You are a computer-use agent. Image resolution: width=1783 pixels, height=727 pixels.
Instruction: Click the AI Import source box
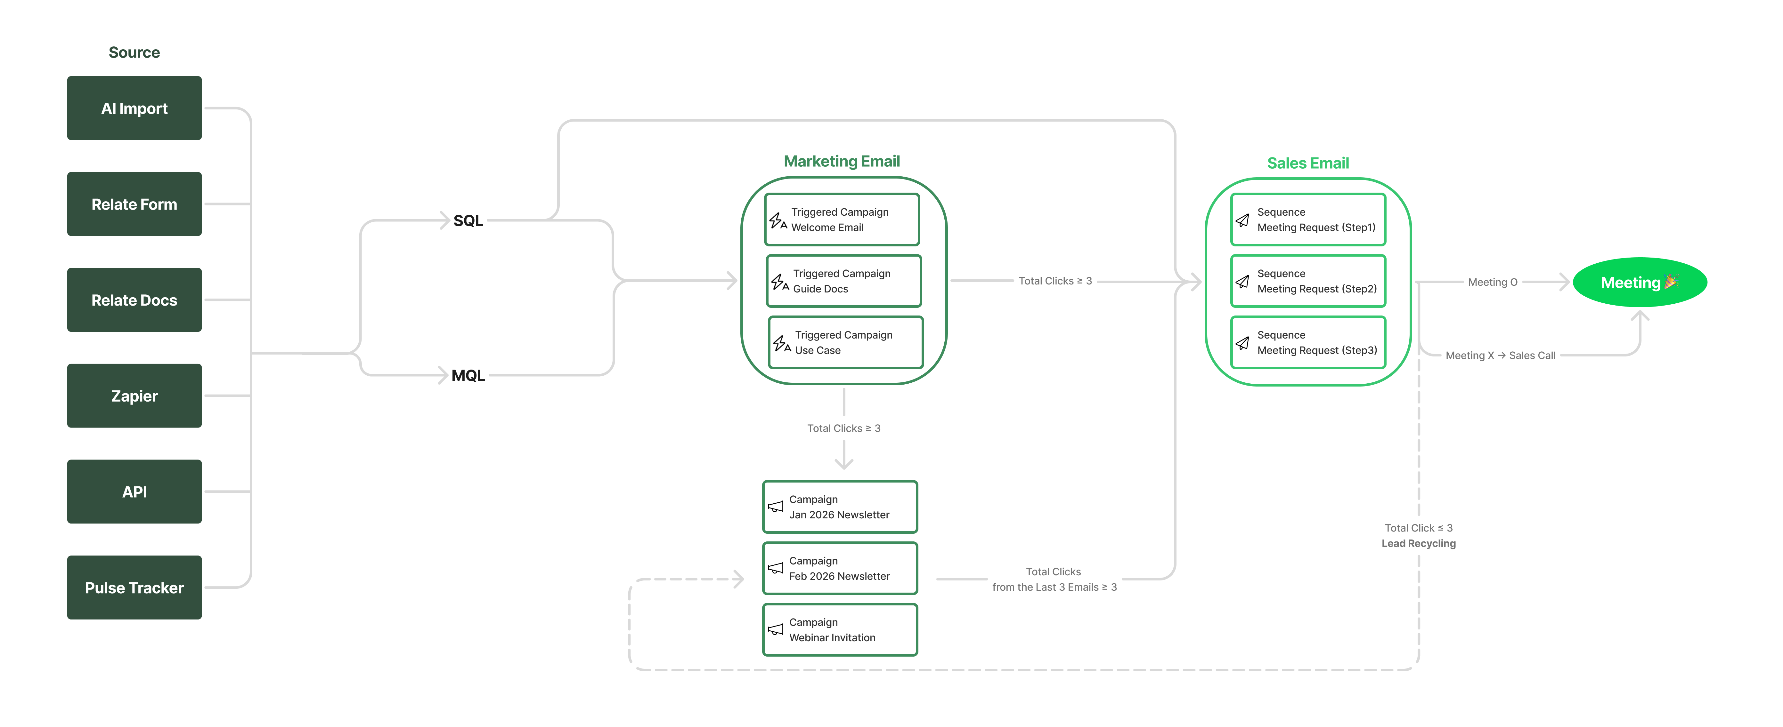[134, 108]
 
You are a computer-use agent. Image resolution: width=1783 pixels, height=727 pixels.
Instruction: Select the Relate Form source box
[134, 204]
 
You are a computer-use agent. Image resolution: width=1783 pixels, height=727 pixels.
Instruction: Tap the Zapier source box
[134, 396]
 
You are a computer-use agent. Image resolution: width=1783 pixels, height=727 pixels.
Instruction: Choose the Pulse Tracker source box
[134, 587]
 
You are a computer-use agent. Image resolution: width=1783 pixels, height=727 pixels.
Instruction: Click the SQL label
[468, 221]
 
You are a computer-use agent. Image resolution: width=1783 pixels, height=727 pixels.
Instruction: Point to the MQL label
[468, 376]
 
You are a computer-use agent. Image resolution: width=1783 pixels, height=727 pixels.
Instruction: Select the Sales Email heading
[1307, 163]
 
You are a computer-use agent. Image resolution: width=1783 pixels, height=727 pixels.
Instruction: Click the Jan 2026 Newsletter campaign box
[840, 507]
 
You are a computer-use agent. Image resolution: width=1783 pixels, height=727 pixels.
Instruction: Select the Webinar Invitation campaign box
[840, 629]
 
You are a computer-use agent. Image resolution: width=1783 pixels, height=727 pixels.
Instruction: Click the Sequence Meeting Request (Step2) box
[1307, 281]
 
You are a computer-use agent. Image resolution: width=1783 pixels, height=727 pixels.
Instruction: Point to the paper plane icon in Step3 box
[1242, 343]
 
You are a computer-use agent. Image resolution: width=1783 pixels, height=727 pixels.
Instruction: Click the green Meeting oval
[1639, 282]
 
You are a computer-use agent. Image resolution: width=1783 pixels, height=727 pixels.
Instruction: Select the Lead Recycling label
[1418, 544]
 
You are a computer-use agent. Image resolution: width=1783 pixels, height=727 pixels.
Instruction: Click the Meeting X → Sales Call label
[1500, 356]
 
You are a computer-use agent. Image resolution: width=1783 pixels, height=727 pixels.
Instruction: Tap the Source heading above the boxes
[134, 52]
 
